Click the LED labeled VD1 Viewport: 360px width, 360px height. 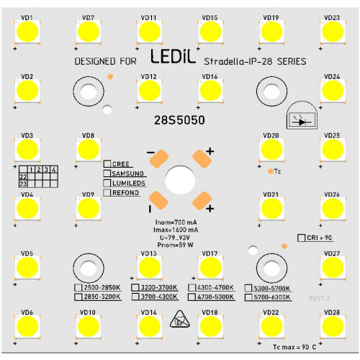click(27, 32)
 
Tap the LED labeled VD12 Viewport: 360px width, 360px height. click(150, 91)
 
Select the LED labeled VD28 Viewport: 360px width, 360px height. click(333, 326)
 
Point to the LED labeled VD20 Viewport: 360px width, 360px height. click(271, 150)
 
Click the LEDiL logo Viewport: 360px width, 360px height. click(173, 57)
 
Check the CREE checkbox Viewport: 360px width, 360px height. click(107, 164)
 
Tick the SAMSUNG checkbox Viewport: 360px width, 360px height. click(107, 174)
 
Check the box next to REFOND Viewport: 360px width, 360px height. click(107, 192)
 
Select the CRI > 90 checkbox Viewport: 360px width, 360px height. click(301, 238)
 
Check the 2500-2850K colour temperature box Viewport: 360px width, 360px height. click(78, 287)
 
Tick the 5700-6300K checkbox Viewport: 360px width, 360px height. click(248, 297)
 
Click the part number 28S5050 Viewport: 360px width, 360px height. click(179, 120)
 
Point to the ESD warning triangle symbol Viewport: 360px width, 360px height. click(179, 320)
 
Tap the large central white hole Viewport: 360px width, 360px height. click(180, 180)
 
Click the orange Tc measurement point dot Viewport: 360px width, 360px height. click(271, 171)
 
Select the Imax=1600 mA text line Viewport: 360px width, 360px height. click(176, 230)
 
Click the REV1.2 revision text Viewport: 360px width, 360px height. click(319, 299)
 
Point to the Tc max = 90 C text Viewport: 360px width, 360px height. click(294, 347)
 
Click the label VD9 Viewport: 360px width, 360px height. click(88, 194)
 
